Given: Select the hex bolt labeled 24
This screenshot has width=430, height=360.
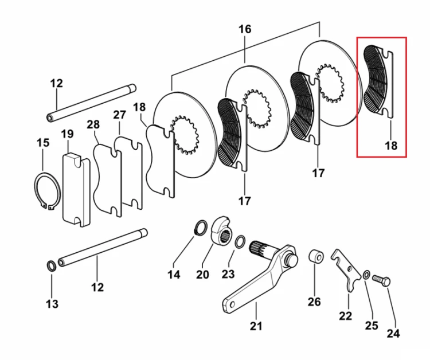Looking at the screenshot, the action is coord(382,281).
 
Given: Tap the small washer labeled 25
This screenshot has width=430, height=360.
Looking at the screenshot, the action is coord(366,275).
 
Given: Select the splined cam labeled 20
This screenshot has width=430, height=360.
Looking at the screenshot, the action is coord(222,230).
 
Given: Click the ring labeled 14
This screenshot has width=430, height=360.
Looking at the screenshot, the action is coord(201,228).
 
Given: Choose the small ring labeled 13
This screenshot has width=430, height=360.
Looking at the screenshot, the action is coord(51,265).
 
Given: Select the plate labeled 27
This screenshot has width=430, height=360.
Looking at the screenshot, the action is coord(128,173).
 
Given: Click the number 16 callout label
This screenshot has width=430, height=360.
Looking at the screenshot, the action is coord(245,29).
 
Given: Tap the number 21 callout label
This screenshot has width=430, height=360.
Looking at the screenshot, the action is coord(256,326).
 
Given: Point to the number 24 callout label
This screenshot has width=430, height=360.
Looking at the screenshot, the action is coord(393,334).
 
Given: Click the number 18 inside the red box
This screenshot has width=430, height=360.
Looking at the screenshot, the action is coord(392,146).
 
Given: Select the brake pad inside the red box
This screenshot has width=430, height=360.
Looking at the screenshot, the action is coord(378,81).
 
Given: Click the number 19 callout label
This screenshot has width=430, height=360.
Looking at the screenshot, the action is coord(67,134).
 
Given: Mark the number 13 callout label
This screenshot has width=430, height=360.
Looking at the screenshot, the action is coord(52,304).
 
